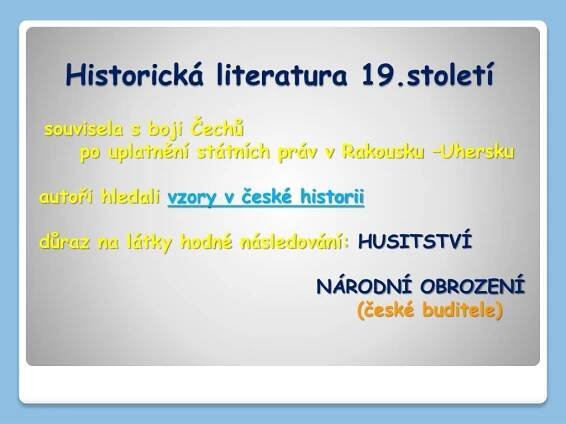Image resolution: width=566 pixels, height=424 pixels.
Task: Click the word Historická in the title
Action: (x=134, y=74)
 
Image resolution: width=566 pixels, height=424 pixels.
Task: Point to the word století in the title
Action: (x=450, y=75)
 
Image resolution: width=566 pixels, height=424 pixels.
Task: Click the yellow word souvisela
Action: (x=83, y=129)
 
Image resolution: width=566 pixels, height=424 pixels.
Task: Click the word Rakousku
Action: (x=382, y=152)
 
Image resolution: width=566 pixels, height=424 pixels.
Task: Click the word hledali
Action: (x=130, y=197)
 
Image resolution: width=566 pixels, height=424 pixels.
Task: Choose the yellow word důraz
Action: (x=64, y=241)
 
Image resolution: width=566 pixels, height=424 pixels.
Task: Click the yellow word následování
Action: (x=292, y=241)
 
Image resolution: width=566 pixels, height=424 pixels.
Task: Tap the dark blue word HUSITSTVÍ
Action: (x=415, y=241)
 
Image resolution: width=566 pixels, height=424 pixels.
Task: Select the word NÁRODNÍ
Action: (x=364, y=287)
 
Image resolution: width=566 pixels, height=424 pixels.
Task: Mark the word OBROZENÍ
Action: (x=472, y=287)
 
